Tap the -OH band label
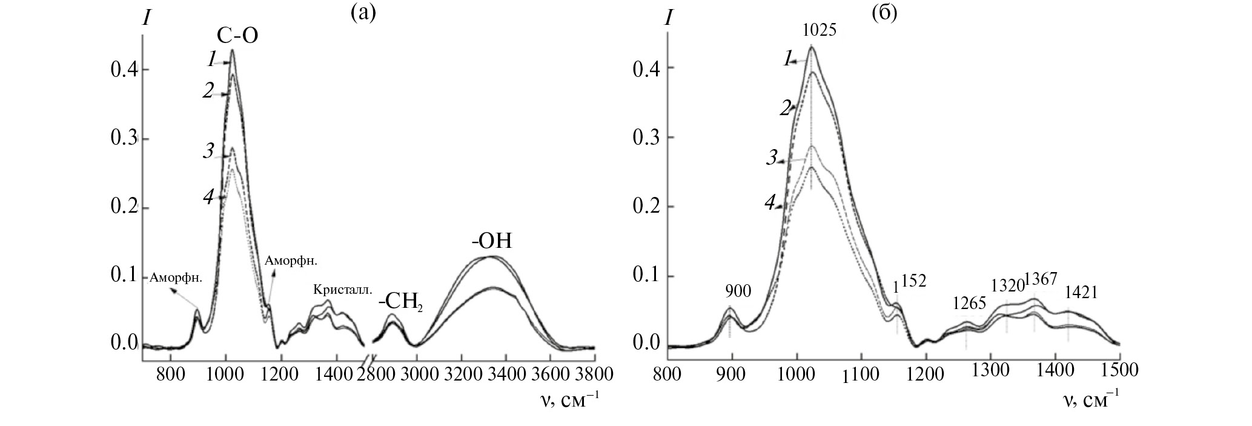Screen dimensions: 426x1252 (492, 241)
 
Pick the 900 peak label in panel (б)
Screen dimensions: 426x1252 (738, 291)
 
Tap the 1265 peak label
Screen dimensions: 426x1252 (970, 302)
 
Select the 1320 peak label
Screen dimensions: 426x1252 (1007, 284)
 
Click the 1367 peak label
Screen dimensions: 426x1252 (1041, 279)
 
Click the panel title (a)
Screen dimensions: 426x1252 (363, 12)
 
